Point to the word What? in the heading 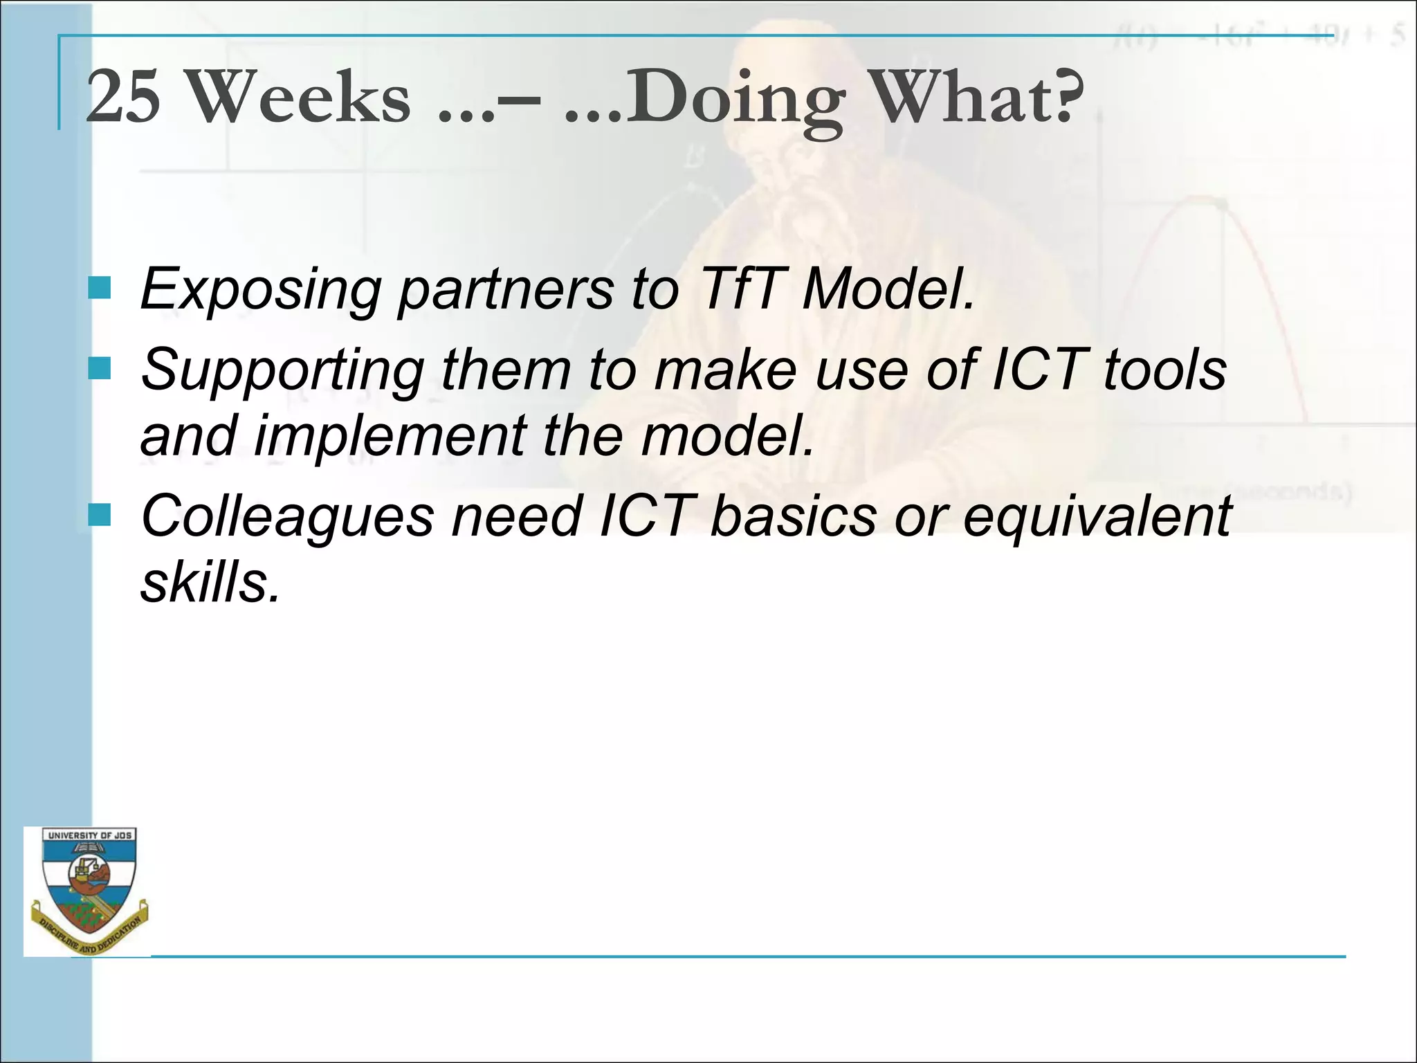(x=976, y=97)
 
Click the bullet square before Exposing (x=100, y=288)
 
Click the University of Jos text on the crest (x=89, y=835)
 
